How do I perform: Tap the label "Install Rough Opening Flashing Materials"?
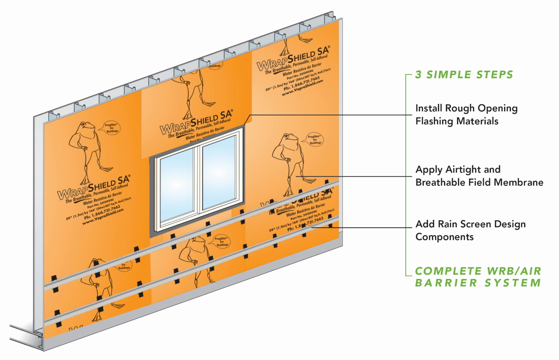[x=466, y=115]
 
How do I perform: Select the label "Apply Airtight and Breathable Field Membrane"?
[x=479, y=176]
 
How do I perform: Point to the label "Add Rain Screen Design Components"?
[x=470, y=231]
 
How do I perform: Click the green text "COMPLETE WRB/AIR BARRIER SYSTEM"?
[x=477, y=277]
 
